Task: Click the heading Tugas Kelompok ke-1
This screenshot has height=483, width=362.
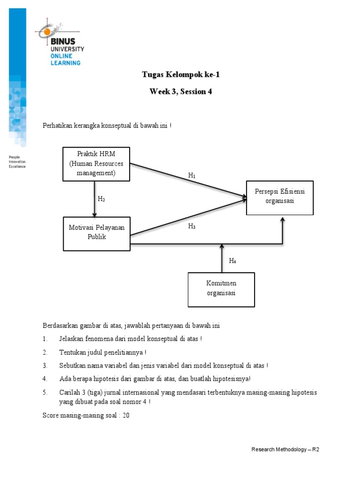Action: (181, 75)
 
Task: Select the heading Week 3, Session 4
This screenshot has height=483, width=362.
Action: (181, 92)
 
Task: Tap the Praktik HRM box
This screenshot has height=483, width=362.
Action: (97, 164)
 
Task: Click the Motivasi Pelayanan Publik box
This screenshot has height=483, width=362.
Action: (97, 233)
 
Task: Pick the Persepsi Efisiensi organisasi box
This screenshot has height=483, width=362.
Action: (280, 197)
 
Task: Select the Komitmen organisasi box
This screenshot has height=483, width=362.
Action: (221, 290)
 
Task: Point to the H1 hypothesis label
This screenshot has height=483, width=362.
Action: (192, 175)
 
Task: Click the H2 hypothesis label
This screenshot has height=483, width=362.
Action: (101, 199)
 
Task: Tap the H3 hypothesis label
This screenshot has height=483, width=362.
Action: (192, 227)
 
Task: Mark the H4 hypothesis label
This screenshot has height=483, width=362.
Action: (232, 261)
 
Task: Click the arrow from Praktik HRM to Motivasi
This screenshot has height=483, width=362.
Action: (95, 199)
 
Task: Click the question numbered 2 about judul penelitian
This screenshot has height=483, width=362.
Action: (103, 352)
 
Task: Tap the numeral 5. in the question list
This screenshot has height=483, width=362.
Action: (45, 392)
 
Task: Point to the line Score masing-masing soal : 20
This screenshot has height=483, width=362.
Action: (86, 416)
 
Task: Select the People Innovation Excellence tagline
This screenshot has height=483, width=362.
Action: (17, 162)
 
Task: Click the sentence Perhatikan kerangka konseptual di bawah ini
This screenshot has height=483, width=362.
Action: (107, 126)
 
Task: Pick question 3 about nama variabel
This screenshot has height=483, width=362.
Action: (164, 366)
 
